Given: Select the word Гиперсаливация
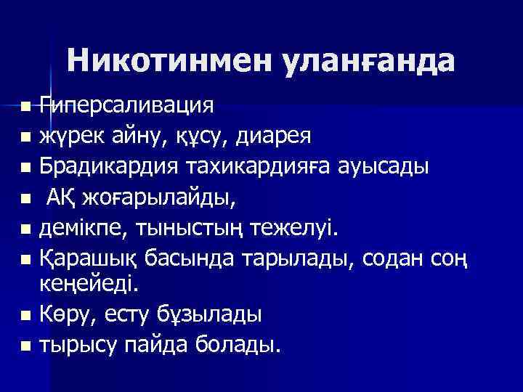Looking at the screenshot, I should pos(126,106).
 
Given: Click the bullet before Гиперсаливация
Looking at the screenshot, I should pos(26,107).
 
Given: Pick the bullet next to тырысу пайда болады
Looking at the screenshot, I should pos(26,346).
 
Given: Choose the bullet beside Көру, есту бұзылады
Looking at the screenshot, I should pos(26,316).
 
